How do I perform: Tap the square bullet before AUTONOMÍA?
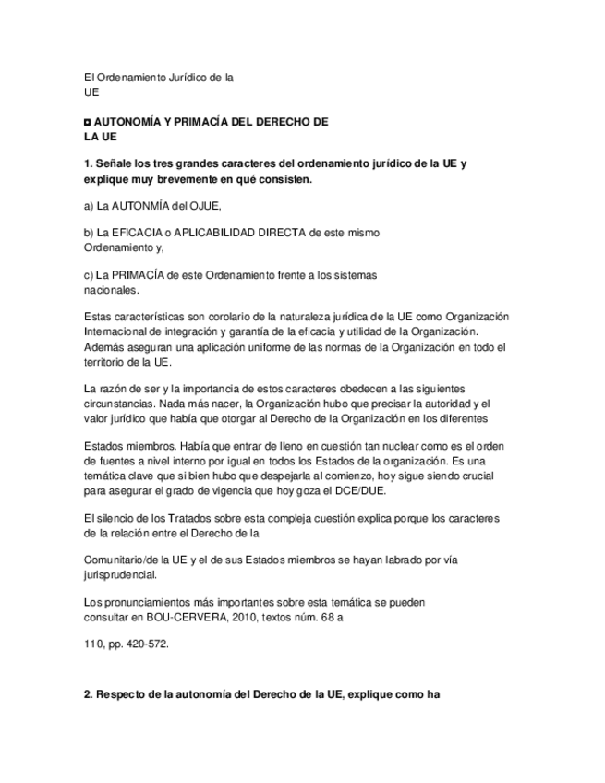point(88,122)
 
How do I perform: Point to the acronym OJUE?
point(205,206)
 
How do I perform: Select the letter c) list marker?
point(89,275)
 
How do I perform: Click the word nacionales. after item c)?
point(111,289)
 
